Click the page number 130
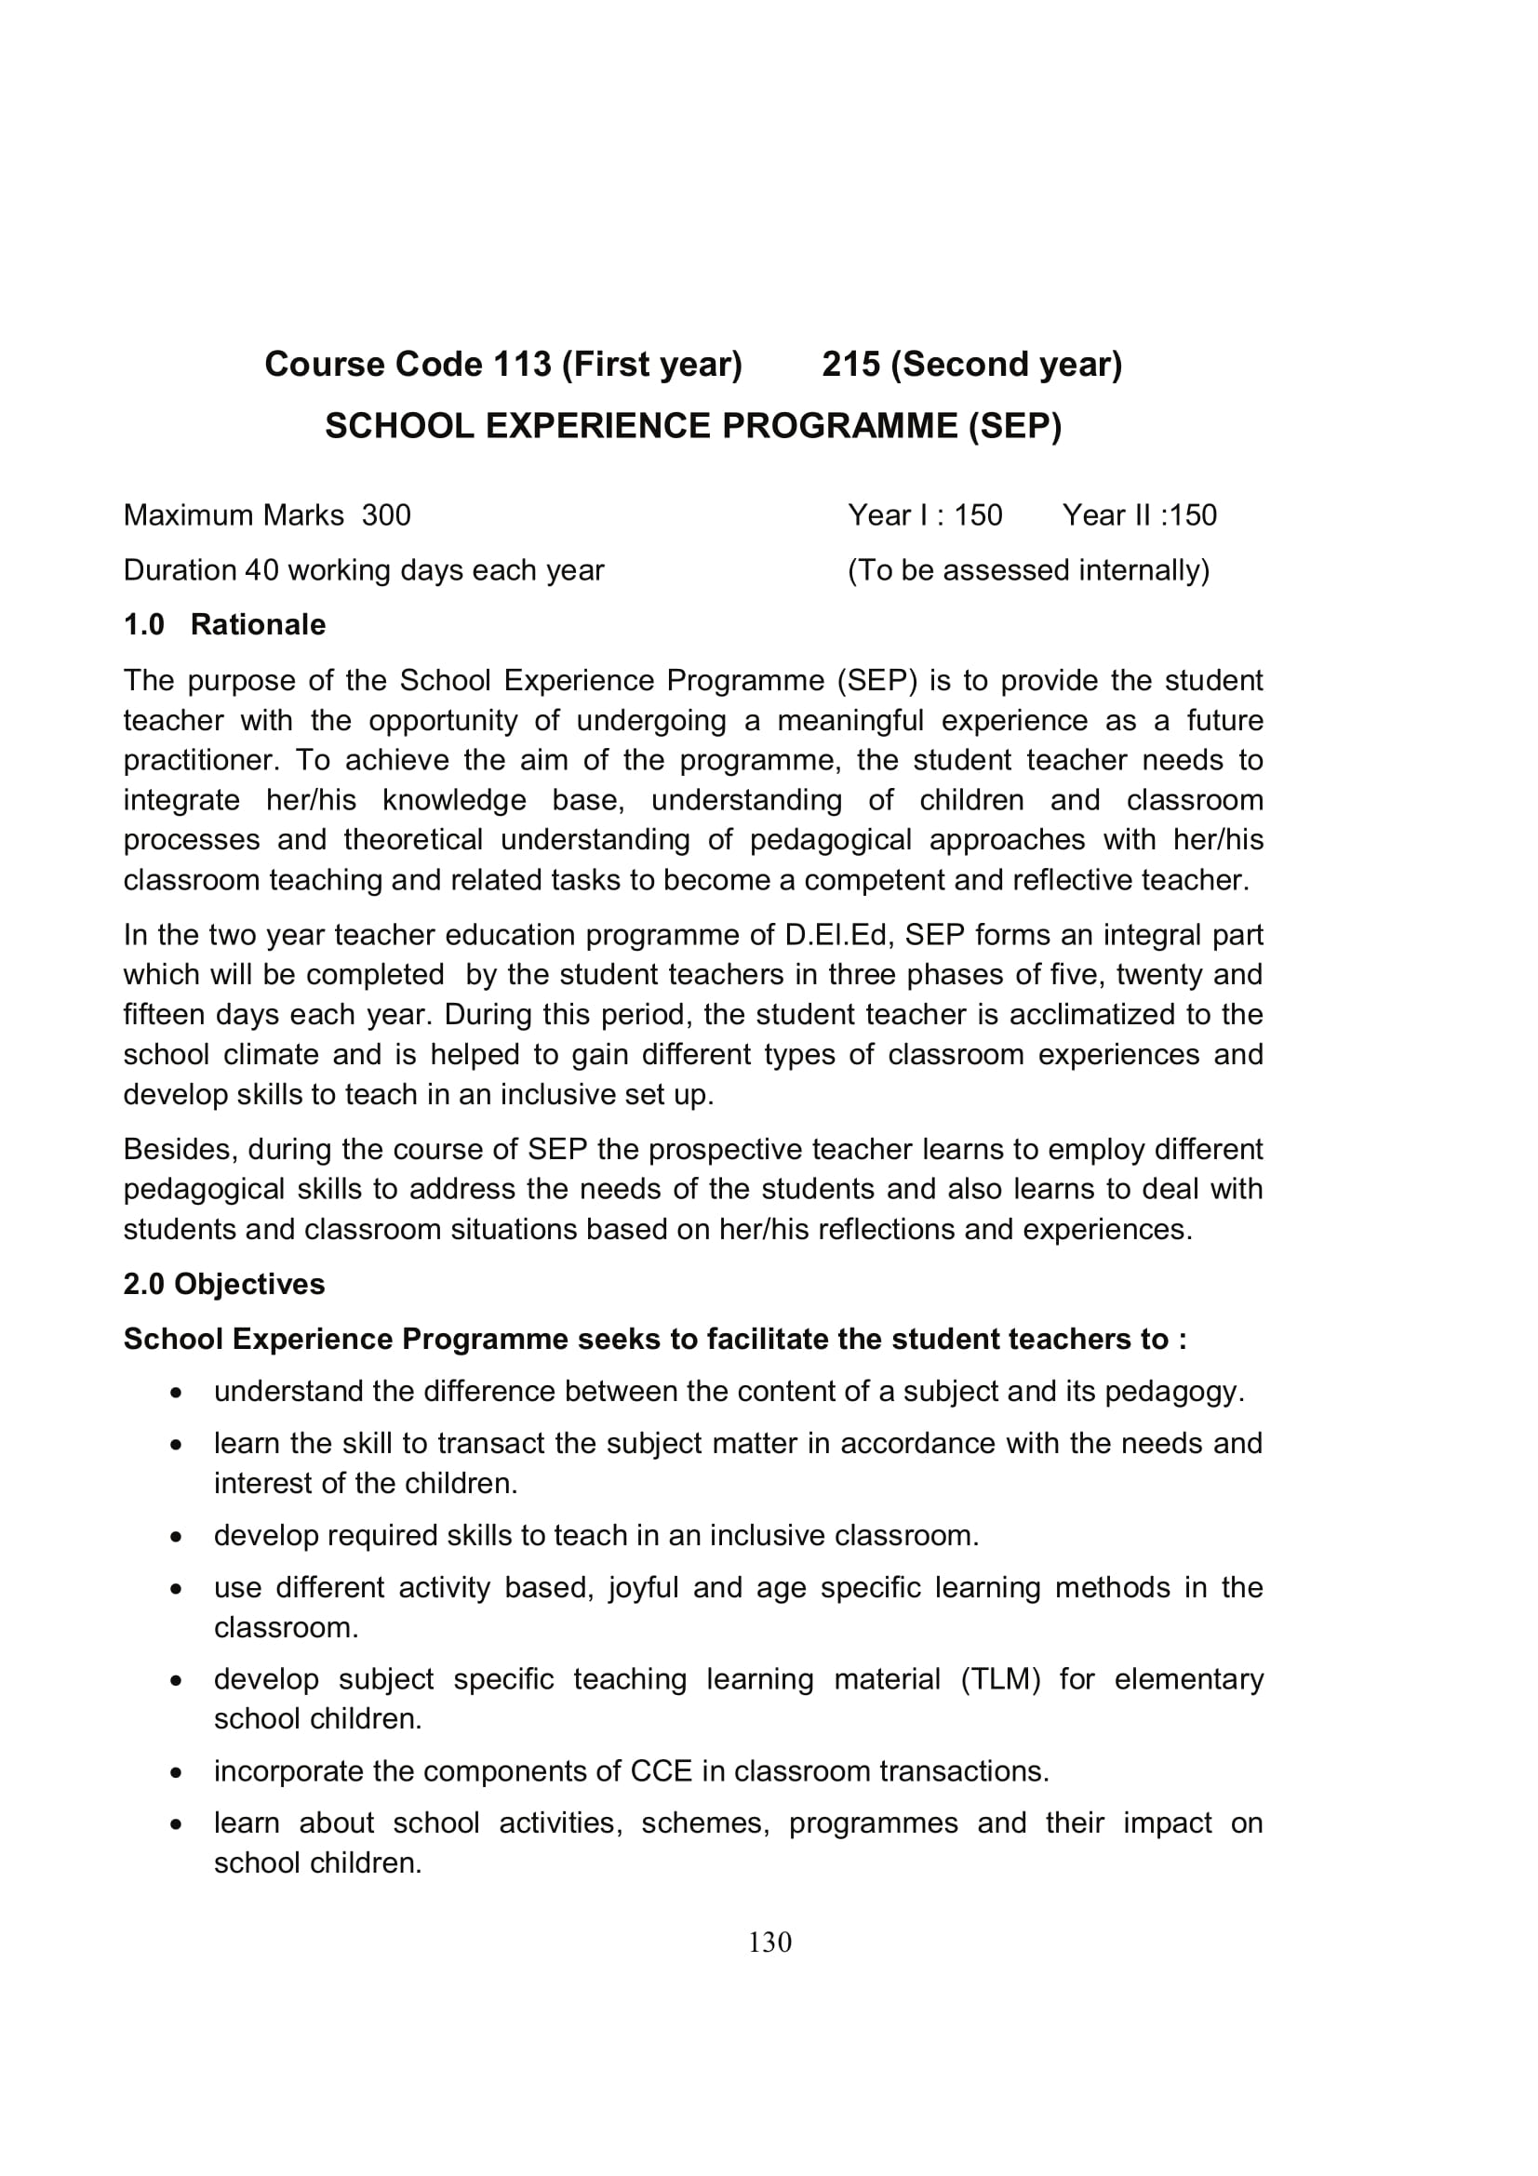pos(769,1942)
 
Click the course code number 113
pos(521,365)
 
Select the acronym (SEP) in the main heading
pos(1014,426)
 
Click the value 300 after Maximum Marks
pos(386,515)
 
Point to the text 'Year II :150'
pos(1139,515)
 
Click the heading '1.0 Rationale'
pos(224,624)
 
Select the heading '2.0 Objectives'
pos(223,1284)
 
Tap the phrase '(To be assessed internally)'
pos(1028,570)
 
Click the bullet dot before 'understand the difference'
pos(176,1394)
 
